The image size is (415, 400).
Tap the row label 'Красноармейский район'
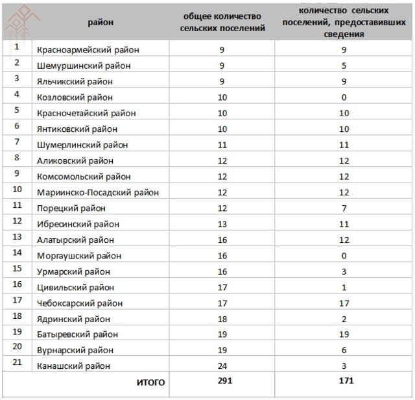pyautogui.click(x=89, y=50)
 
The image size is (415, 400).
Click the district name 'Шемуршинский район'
pyautogui.click(x=84, y=66)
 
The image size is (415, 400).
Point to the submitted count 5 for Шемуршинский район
pyautogui.click(x=344, y=66)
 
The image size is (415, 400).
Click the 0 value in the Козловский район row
pyautogui.click(x=344, y=97)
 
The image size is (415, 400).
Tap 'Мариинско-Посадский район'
pyautogui.click(x=99, y=192)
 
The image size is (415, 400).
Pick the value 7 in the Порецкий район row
pyautogui.click(x=344, y=208)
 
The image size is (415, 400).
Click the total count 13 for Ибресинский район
pyautogui.click(x=222, y=224)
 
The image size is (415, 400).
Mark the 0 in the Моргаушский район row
pyautogui.click(x=344, y=256)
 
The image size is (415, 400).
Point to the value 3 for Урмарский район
pyautogui.click(x=344, y=271)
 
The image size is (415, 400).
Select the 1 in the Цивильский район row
pyautogui.click(x=344, y=288)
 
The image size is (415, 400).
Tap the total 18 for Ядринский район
pyautogui.click(x=222, y=319)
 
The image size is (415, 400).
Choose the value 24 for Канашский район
pyautogui.click(x=222, y=366)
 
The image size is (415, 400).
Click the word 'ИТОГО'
pyautogui.click(x=150, y=383)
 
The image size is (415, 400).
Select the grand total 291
pyautogui.click(x=222, y=382)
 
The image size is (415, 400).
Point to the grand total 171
pyautogui.click(x=344, y=382)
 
